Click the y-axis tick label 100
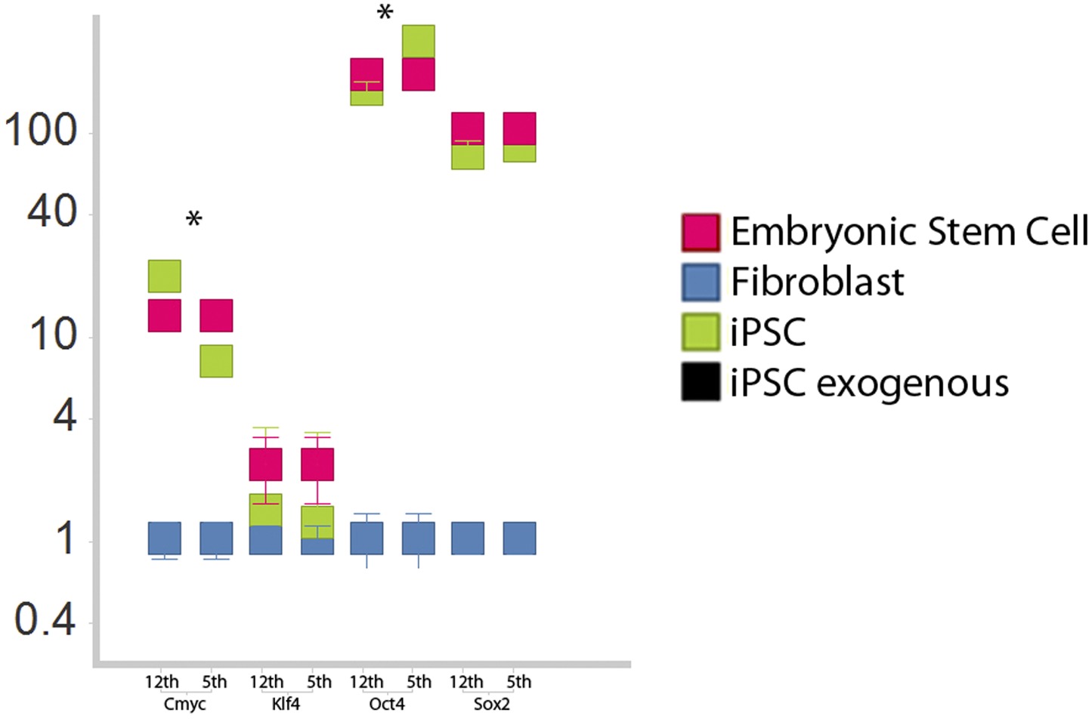[41, 131]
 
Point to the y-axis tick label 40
[52, 211]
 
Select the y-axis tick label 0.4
[45, 621]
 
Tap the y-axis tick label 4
[66, 415]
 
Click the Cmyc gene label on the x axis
[185, 705]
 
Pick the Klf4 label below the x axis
[286, 705]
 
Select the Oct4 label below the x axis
[387, 705]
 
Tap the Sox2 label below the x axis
[491, 705]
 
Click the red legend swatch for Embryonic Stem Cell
[701, 232]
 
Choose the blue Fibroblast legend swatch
[701, 282]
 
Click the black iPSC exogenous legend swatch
[701, 381]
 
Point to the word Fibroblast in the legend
[817, 282]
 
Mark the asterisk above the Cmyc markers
[194, 220]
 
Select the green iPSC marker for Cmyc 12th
[165, 276]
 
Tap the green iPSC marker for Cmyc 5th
[216, 361]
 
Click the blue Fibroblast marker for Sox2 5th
[520, 538]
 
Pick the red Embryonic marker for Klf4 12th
[266, 464]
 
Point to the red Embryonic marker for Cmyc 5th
[216, 316]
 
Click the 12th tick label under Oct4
[366, 682]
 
